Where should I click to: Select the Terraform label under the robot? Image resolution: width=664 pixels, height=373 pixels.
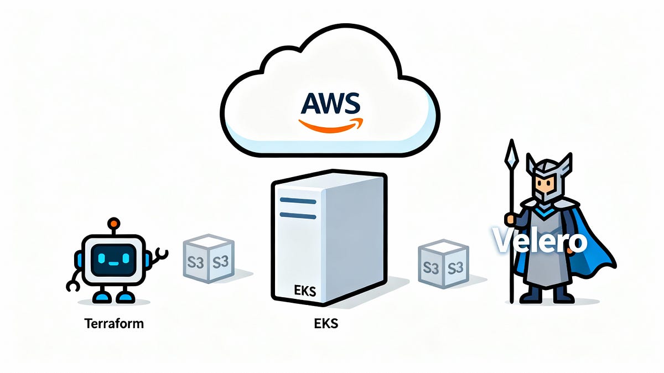pos(113,323)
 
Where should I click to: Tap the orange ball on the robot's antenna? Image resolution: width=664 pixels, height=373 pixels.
pos(113,224)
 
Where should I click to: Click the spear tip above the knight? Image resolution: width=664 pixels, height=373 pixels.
pos(511,152)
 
